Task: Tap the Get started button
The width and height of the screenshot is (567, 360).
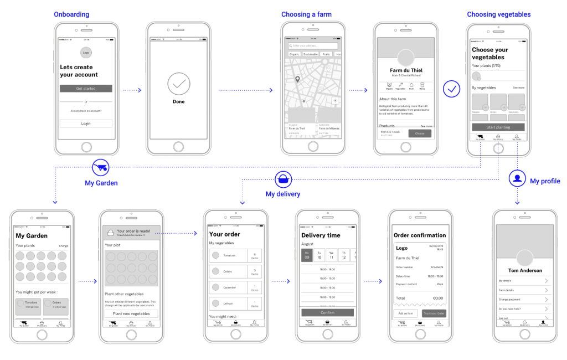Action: [86, 89]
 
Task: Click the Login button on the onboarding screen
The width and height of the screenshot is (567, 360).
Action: [86, 124]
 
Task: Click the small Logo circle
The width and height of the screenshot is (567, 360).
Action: [86, 53]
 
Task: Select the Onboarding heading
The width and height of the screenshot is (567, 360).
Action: [71, 14]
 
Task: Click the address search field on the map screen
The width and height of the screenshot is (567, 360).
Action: [313, 46]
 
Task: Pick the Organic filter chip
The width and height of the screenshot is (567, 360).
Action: [294, 55]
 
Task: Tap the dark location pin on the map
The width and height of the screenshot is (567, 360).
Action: [297, 80]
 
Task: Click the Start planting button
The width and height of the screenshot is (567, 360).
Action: [498, 127]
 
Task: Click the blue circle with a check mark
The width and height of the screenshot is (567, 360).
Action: [452, 89]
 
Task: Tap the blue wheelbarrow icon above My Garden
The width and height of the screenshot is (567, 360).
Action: [101, 167]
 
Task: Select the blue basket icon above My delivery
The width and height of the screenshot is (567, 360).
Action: [283, 179]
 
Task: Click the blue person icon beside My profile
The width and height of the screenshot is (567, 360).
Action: [517, 178]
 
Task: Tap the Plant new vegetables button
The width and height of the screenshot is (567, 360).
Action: [131, 313]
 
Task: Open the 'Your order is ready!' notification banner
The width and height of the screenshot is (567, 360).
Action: [131, 233]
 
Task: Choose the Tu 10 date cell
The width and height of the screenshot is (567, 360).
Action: [319, 255]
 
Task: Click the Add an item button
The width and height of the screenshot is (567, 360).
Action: [405, 313]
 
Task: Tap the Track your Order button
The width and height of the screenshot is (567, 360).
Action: [434, 313]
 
